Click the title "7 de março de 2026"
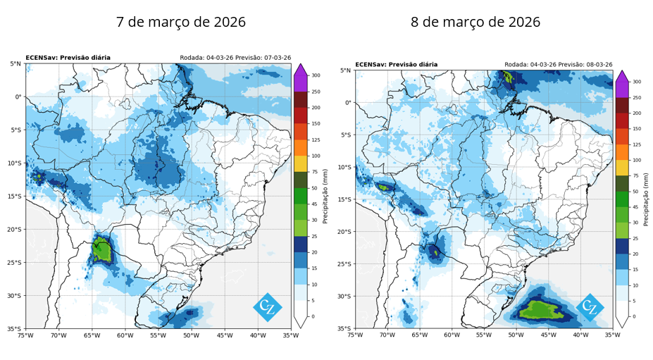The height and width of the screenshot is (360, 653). coord(181,22)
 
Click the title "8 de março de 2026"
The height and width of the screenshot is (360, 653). coord(475,22)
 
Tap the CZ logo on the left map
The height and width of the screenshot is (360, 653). coord(268,307)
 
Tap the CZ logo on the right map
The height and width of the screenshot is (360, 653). coord(590,308)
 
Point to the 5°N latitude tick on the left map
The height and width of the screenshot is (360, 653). coord(15,63)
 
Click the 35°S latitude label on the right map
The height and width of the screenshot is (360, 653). coord(344,328)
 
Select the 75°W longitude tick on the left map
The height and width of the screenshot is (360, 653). coord(25,335)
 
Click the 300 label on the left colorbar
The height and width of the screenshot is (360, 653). coord(316,75)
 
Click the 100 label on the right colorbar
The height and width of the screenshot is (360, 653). coord(637,160)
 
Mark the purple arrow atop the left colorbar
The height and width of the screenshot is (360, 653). coord(301,70)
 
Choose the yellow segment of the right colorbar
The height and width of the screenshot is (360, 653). coord(622,168)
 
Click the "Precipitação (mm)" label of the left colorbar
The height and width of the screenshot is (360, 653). coord(325,197)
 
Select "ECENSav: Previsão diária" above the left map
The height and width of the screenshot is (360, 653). coord(68,58)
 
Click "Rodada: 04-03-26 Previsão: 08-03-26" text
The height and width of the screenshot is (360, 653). coord(559,65)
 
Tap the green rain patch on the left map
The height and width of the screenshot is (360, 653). coord(101,250)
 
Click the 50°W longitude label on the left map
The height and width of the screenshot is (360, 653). coord(191,335)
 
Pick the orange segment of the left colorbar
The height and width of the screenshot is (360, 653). coord(301,148)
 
